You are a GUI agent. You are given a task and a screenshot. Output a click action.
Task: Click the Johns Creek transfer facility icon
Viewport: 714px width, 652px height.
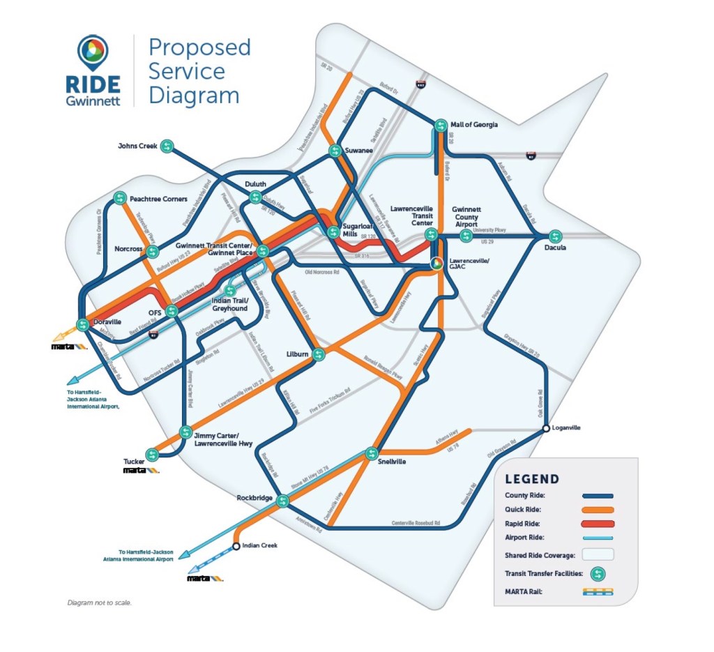tap(166, 146)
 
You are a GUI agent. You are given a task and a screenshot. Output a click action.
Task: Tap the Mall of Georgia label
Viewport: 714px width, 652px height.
tap(474, 125)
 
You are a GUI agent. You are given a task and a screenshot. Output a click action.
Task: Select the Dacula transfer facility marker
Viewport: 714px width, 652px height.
tap(555, 236)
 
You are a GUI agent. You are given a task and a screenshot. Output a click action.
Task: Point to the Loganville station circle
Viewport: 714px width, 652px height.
tap(546, 427)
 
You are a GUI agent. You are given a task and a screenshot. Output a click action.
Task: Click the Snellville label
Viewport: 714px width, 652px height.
tap(393, 462)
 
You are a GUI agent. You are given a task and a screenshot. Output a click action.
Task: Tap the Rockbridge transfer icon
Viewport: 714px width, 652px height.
tap(282, 501)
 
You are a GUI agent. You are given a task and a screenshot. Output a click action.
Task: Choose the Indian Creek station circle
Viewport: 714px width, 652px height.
tap(236, 546)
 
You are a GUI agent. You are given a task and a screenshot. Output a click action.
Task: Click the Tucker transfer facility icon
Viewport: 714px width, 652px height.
tap(152, 454)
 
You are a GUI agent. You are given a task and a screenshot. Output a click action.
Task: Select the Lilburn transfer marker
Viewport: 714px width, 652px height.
tap(318, 354)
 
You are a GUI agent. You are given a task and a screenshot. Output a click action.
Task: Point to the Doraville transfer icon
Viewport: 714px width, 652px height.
tap(83, 324)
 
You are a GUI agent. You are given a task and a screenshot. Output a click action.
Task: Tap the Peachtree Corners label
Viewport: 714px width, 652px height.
tap(158, 199)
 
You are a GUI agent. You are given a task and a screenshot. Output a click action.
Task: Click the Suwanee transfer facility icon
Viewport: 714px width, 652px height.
tap(335, 150)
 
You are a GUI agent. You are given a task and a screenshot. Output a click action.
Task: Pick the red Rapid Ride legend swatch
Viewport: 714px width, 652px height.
tap(598, 523)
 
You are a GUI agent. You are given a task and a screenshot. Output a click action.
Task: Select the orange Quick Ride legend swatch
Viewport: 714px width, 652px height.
tap(598, 509)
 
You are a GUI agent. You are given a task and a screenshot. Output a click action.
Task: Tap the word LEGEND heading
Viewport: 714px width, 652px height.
tap(532, 479)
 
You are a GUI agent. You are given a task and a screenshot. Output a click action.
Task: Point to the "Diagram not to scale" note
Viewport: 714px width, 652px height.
tap(99, 602)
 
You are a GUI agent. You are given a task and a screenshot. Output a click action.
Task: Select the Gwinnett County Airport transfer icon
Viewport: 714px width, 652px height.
tap(466, 236)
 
